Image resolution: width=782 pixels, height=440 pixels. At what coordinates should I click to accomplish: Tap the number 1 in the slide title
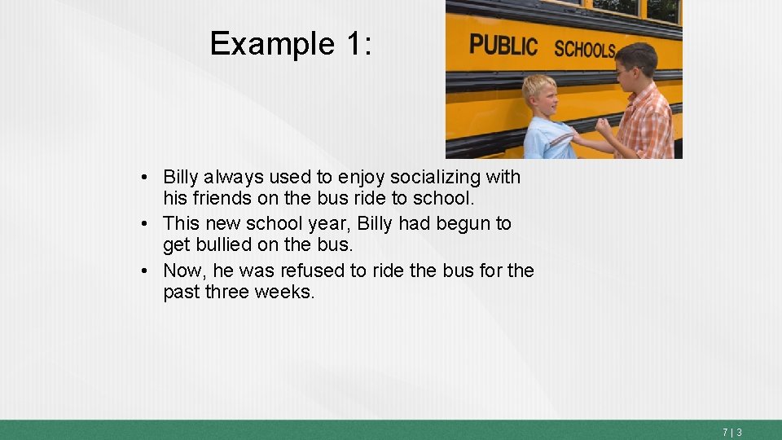click(x=353, y=44)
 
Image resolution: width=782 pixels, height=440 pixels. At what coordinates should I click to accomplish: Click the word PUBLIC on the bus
click(x=503, y=45)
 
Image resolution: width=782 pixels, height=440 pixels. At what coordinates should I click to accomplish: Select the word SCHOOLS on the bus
click(x=585, y=49)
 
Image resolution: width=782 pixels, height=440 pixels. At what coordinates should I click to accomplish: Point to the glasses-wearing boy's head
click(x=635, y=67)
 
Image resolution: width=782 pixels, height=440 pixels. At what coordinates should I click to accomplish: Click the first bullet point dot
click(x=143, y=178)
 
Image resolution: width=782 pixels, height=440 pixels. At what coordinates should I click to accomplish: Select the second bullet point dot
click(x=143, y=223)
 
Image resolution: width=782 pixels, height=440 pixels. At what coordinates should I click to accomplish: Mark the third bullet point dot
click(x=143, y=270)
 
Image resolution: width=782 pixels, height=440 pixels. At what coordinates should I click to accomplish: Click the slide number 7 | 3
click(x=731, y=433)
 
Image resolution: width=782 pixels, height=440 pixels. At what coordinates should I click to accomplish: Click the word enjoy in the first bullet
click(x=362, y=178)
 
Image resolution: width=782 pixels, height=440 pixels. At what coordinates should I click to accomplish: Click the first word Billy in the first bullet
click(x=181, y=177)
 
